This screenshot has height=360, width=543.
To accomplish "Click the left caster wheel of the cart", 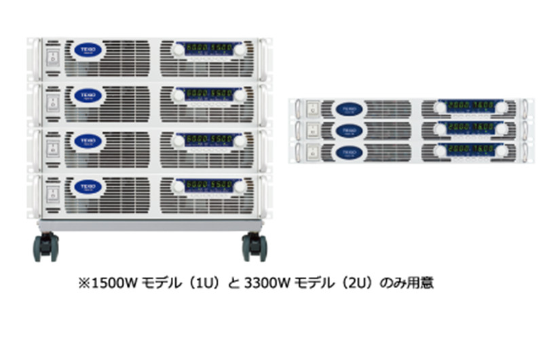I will click(x=46, y=247).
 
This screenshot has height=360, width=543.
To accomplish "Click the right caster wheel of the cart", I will click(x=255, y=247).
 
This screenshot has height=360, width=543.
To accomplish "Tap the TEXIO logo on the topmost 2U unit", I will click(x=87, y=51).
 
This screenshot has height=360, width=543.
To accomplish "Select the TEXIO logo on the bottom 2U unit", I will click(x=87, y=186).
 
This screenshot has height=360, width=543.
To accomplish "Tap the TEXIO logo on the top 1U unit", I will click(x=349, y=109).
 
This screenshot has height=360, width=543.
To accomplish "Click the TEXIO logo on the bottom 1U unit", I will click(x=349, y=151).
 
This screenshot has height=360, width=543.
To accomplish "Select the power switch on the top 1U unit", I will click(x=312, y=109).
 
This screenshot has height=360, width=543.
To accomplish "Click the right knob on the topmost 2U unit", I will click(x=240, y=50).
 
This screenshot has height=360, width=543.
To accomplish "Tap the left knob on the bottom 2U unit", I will click(x=180, y=186).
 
